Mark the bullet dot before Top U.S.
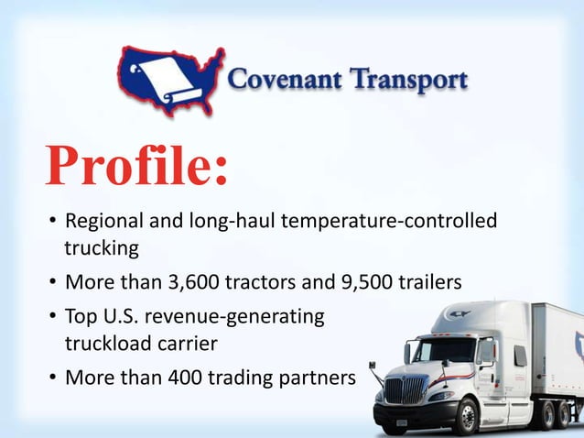pyautogui.click(x=52, y=317)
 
